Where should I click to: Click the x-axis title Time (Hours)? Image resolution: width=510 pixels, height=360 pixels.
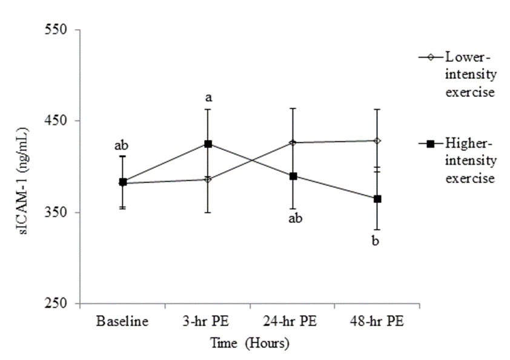(x=250, y=344)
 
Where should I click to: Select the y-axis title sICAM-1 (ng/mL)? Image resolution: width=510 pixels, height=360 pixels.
(x=24, y=166)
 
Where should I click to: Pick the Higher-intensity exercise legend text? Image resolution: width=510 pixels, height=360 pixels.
(x=471, y=161)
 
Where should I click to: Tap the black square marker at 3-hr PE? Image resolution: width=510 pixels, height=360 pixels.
(x=208, y=144)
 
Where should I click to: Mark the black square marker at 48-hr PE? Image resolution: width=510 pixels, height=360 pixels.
(x=377, y=199)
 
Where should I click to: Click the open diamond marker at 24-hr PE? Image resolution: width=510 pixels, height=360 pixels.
(x=293, y=142)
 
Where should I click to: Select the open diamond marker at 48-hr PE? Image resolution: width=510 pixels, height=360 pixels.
(x=377, y=141)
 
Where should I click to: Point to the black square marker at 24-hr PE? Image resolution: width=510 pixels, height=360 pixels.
(x=293, y=176)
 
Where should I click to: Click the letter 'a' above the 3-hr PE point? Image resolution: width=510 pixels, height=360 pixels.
(x=208, y=98)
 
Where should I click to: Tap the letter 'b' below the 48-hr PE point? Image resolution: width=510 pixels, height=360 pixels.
(x=376, y=241)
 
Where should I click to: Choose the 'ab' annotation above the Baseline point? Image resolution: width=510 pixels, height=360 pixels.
(x=121, y=145)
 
